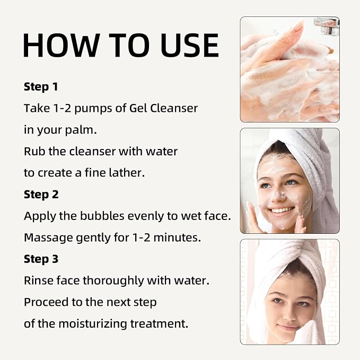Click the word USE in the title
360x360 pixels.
pos(190,45)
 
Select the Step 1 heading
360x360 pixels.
pos(41,87)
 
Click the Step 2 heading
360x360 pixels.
pos(41,195)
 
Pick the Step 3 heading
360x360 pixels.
pos(41,259)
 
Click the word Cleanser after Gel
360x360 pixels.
pos(174,108)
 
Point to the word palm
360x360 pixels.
pos(81,130)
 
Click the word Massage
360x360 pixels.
pos(48,238)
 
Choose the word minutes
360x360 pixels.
pos(177,238)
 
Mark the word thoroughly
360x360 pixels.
pos(113,281)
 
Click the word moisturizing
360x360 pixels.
pos(93,324)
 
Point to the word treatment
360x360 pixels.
pos(160,324)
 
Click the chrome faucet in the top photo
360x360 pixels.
pos(327,26)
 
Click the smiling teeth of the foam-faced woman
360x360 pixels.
pos(281,210)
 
